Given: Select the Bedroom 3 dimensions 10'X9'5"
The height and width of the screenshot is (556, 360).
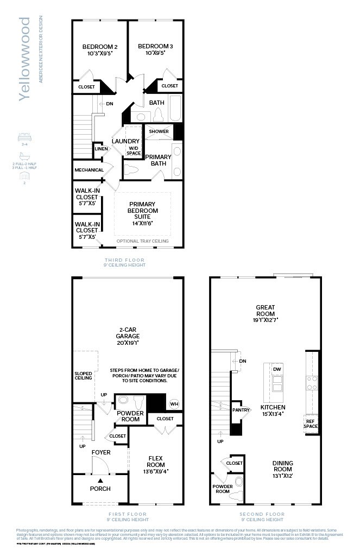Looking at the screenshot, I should point(155,54).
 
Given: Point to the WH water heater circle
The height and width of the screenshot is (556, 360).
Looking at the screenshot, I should point(174,403).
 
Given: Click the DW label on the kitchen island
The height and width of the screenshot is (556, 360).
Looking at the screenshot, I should point(277,369).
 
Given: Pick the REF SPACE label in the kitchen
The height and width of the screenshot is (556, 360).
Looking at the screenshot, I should point(311,424).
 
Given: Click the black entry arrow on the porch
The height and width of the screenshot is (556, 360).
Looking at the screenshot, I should point(100,480).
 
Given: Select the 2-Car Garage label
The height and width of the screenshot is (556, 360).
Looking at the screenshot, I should point(128,333).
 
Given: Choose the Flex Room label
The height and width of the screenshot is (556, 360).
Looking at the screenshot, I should point(156,461).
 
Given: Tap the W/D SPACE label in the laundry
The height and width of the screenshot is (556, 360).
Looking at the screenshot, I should point(134,150).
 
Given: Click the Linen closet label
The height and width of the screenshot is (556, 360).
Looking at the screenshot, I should point(101,148).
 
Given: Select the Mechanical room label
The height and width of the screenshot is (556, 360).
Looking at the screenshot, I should point(89,170).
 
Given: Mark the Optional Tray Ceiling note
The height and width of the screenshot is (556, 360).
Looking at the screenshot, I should point(142,241).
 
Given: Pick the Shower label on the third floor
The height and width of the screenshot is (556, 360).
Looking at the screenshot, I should point(159,131).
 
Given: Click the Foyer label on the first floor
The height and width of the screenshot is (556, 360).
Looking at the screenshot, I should point(100,452).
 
